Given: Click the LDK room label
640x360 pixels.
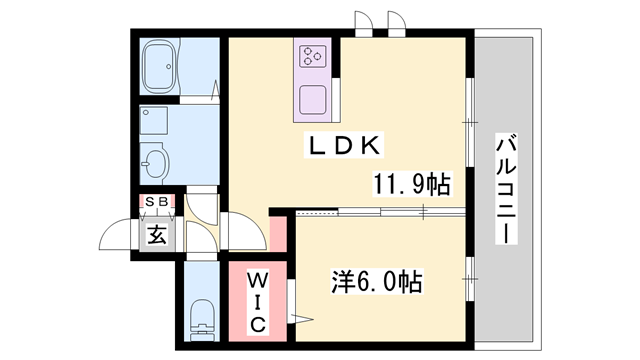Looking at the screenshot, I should coord(343,146).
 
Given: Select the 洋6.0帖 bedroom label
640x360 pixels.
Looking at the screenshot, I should coord(375,281).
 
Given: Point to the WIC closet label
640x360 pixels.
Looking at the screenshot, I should coord(256,299).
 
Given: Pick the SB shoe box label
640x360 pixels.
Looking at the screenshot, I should coord(158,203).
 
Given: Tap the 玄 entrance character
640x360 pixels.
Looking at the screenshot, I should coord(158,236).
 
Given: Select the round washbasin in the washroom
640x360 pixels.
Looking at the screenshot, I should coord(155,160).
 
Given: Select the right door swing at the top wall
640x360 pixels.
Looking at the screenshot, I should coord(396,25).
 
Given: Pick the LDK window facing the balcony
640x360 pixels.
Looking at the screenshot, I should coord(469,121).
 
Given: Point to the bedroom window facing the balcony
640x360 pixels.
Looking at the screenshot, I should coord(469,272).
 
